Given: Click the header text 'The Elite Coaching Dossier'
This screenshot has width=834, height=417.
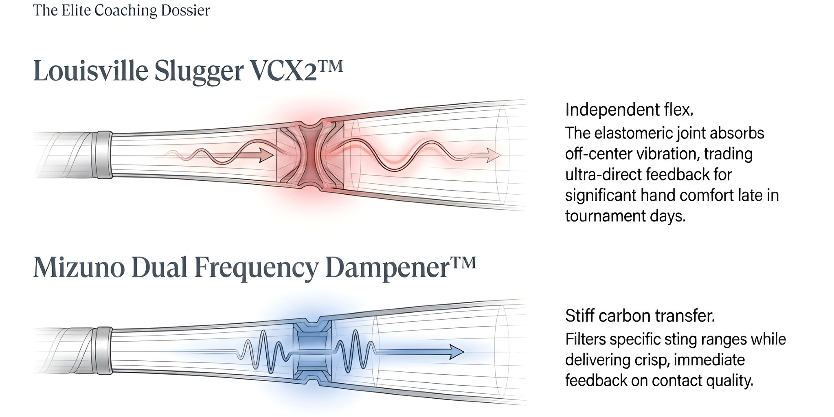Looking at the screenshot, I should coord(121,11).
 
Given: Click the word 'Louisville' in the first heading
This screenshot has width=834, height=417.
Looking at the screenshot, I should coord(90,71).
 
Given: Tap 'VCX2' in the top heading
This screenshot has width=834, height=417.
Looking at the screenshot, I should coord(283,71).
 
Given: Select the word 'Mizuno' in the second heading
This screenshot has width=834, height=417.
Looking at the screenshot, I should coord(79,268).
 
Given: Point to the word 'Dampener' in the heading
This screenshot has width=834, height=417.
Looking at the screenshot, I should coord(387,268).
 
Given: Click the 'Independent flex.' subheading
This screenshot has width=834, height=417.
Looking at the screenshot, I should coord(629,110).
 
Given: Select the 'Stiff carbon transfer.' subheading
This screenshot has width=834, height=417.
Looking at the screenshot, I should coord(639,316).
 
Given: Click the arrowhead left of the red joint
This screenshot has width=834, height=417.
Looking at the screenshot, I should coord(266,155).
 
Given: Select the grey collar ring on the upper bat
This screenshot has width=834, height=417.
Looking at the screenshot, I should coord(104,155).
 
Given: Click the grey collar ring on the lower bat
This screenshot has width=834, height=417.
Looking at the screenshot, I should coord(104,351).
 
